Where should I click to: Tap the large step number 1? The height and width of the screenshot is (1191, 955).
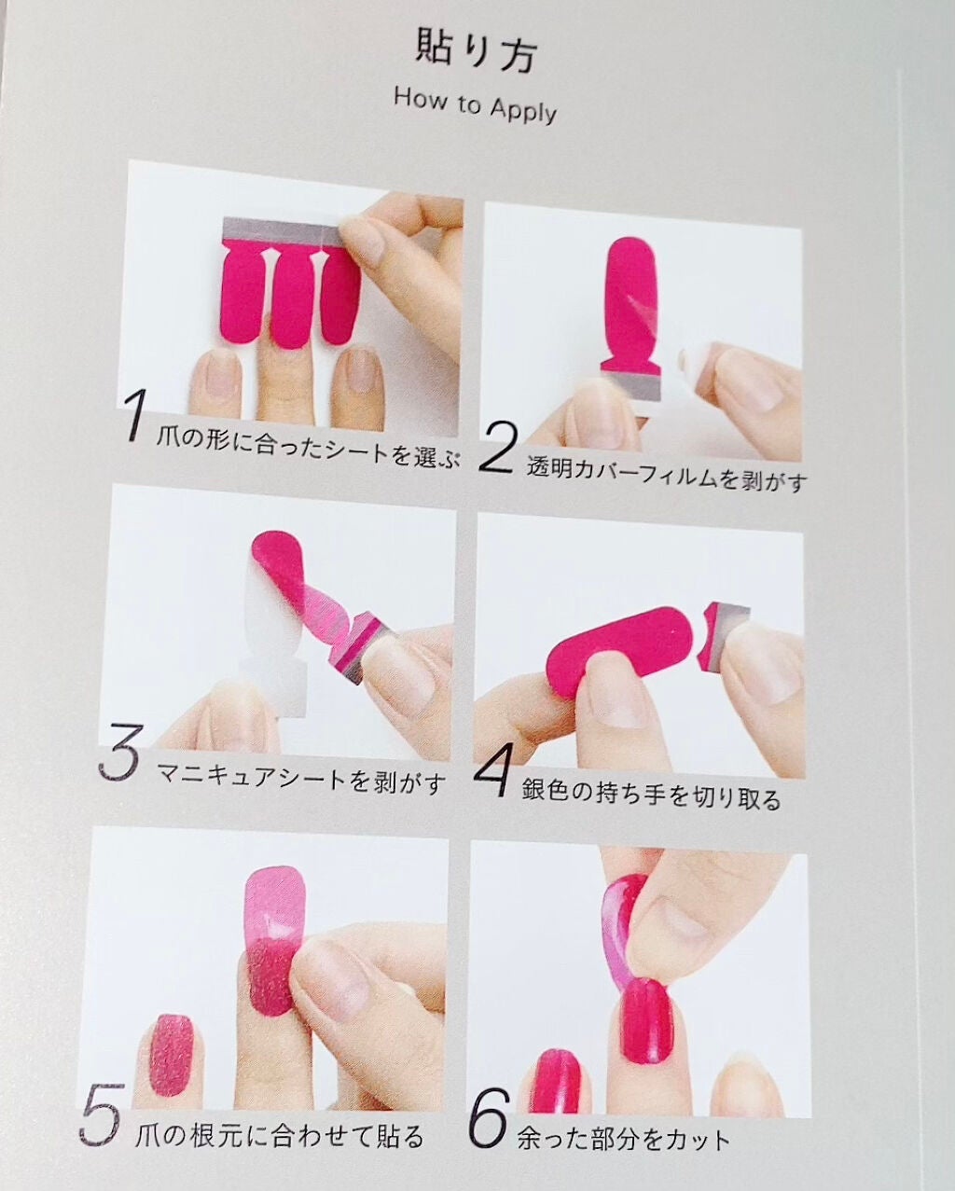click(x=133, y=416)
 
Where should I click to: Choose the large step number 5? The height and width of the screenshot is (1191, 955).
click(x=99, y=1085)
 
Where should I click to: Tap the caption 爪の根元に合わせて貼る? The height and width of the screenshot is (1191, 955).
click(x=280, y=1104)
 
